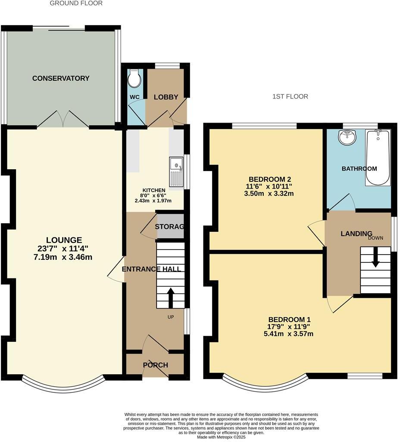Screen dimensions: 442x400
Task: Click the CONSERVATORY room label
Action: tap(61, 78)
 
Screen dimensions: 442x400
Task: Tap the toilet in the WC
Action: tap(134, 77)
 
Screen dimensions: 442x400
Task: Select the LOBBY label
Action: tap(166, 97)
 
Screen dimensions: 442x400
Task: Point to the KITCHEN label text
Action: tap(154, 190)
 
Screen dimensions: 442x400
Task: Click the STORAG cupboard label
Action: tap(170, 227)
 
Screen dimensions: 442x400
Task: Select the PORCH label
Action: tap(155, 365)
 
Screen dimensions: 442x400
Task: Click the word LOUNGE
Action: tap(64, 240)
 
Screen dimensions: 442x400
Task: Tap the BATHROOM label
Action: tap(359, 169)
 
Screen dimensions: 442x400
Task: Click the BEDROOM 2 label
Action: tap(267, 179)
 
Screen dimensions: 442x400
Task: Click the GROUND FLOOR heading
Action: tap(76, 3)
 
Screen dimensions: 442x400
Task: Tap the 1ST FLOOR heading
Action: tap(290, 96)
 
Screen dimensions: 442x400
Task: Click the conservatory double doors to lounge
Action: tap(63, 119)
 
